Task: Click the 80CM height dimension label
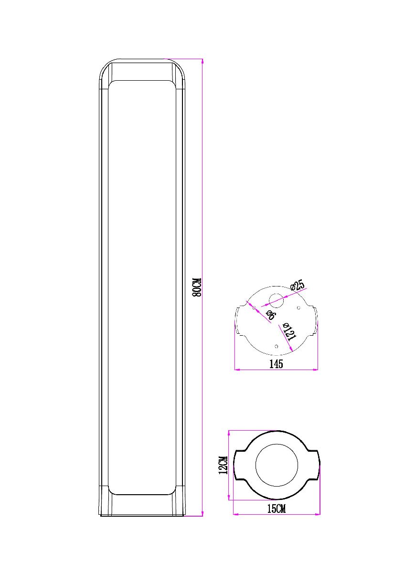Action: [x=197, y=287]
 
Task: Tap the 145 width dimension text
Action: [x=276, y=364]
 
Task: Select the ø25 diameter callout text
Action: [x=298, y=286]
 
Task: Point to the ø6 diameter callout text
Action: [x=269, y=314]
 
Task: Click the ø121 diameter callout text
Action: [x=289, y=331]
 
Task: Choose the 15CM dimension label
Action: [x=276, y=509]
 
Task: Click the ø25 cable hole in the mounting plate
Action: [x=277, y=301]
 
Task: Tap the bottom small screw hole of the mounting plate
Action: [x=277, y=346]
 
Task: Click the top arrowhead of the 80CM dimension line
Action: [x=202, y=62]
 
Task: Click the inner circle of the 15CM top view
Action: [x=277, y=465]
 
